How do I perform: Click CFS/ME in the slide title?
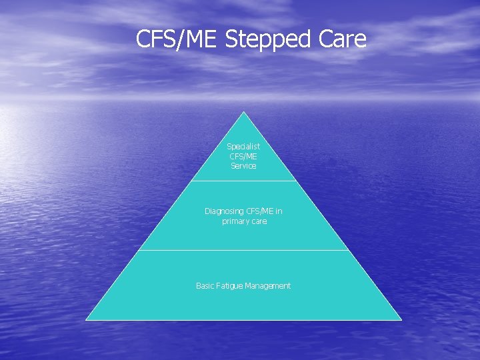[x=177, y=39]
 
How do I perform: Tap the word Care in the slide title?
[x=343, y=39]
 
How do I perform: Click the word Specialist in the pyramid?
[x=243, y=146]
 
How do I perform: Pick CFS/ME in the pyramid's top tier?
[x=243, y=156]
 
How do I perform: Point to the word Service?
[x=243, y=166]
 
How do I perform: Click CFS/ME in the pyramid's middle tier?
[x=260, y=211]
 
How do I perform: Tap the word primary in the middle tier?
[x=235, y=221]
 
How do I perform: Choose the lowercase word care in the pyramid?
[x=259, y=221]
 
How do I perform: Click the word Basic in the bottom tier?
[x=205, y=286]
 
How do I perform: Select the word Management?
[x=268, y=286]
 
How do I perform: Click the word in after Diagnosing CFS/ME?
[x=279, y=211]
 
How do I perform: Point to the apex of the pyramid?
[x=244, y=113]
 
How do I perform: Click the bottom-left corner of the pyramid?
[x=87, y=319]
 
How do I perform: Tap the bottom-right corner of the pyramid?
[x=401, y=319]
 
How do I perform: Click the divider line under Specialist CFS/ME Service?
[x=243, y=181]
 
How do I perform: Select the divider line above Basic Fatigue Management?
[x=243, y=250]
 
